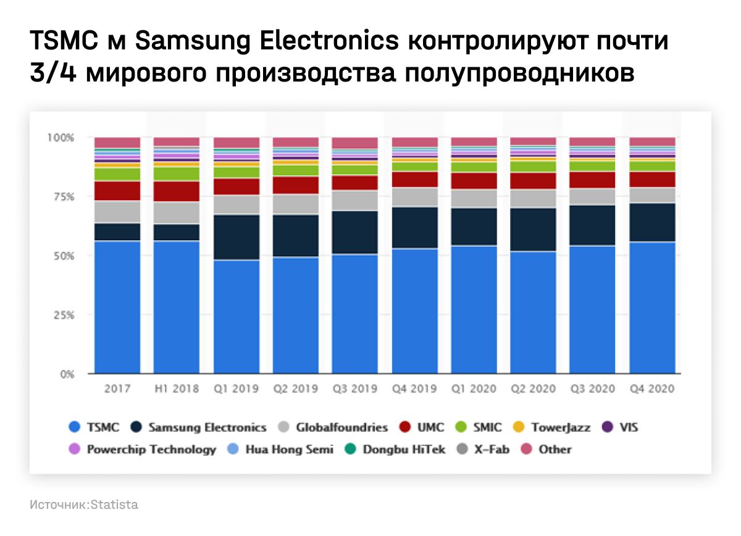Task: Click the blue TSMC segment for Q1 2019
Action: coord(237,316)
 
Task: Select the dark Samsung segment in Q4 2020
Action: coord(652,222)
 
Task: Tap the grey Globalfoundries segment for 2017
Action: coord(117,212)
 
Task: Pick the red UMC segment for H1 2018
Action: coord(177,191)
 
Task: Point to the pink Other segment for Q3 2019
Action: coord(355,143)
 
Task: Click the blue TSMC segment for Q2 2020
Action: coord(534,312)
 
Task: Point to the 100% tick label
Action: coord(60,137)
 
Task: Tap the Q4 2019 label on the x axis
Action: coord(414,389)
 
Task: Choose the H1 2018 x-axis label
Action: coord(176,389)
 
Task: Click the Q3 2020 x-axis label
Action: coord(592,389)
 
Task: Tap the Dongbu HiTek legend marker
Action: coord(351,450)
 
